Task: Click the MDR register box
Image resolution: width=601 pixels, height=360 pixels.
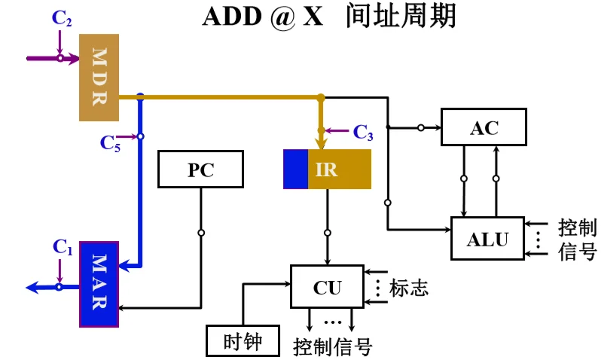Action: point(99,77)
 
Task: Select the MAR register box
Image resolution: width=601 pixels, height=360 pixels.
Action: point(99,284)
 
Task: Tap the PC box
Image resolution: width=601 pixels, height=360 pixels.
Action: point(201,169)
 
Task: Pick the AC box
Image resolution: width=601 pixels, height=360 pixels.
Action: point(484,127)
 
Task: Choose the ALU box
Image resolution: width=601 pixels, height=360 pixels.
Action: point(487,239)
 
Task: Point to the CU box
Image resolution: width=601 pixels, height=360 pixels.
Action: point(327,287)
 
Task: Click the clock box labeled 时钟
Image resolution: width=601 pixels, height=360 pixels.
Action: point(243,340)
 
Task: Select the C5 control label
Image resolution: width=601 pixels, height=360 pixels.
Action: point(110,142)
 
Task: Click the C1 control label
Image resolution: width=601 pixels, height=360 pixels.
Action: point(63,246)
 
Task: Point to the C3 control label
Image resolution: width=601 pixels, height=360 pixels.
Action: point(363,133)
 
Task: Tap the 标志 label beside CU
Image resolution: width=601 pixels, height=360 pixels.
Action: point(408,288)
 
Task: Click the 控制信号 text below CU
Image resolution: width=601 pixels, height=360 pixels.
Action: point(332,347)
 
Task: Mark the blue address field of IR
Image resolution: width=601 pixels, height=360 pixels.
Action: point(295,169)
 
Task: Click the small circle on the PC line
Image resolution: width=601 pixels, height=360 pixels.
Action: point(201,233)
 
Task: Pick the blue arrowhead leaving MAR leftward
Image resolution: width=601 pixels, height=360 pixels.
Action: point(32,287)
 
